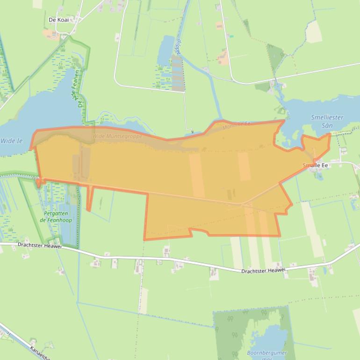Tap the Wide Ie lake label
click(x=12, y=140)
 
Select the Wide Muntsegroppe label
click(x=117, y=136)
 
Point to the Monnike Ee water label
click(x=236, y=124)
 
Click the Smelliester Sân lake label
click(x=327, y=122)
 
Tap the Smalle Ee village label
click(x=315, y=165)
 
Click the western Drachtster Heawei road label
click(x=40, y=245)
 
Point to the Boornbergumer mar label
click(x=267, y=356)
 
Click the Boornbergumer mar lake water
click(x=269, y=339)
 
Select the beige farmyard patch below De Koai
click(x=50, y=34)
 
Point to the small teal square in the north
click(x=231, y=36)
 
